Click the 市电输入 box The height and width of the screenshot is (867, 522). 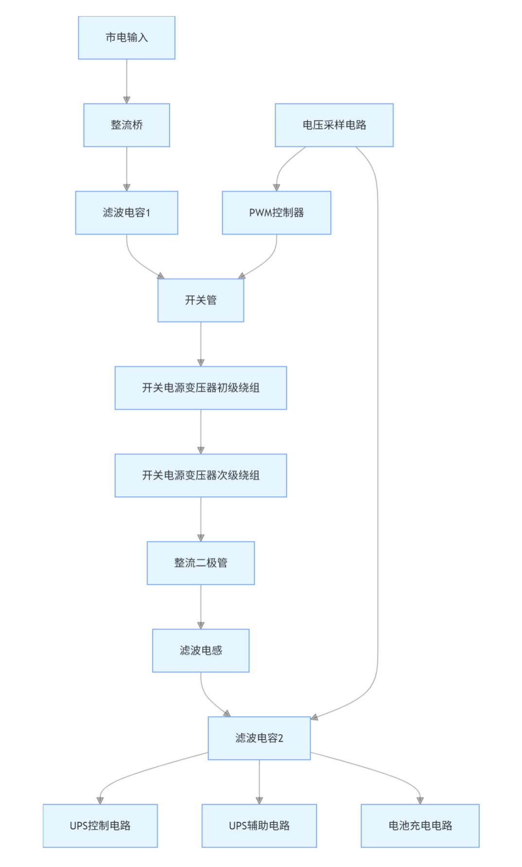(126, 38)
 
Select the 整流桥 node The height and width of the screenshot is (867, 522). (126, 125)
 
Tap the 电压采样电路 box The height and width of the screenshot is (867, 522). (334, 125)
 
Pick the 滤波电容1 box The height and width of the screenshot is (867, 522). (126, 213)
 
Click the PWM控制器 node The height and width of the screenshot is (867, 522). (276, 213)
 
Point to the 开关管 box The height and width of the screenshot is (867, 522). (200, 300)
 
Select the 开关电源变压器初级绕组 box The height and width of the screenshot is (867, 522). (200, 388)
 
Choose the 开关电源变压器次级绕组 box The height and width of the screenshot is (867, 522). (200, 475)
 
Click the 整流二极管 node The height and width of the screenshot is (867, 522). (200, 563)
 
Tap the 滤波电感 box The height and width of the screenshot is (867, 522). (200, 650)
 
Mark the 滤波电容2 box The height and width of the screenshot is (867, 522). (259, 738)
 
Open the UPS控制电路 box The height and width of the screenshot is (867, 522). (100, 826)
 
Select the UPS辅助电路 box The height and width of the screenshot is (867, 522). (259, 826)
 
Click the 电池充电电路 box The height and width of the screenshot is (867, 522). (420, 826)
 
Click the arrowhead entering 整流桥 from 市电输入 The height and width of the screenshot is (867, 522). (126, 100)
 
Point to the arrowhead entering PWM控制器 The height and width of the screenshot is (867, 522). (276, 187)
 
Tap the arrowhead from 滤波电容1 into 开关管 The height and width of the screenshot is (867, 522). (161, 276)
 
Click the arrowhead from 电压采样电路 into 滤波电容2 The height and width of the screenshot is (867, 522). (314, 717)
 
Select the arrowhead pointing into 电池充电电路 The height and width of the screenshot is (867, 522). (420, 800)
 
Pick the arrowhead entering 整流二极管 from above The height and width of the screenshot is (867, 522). (200, 538)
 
